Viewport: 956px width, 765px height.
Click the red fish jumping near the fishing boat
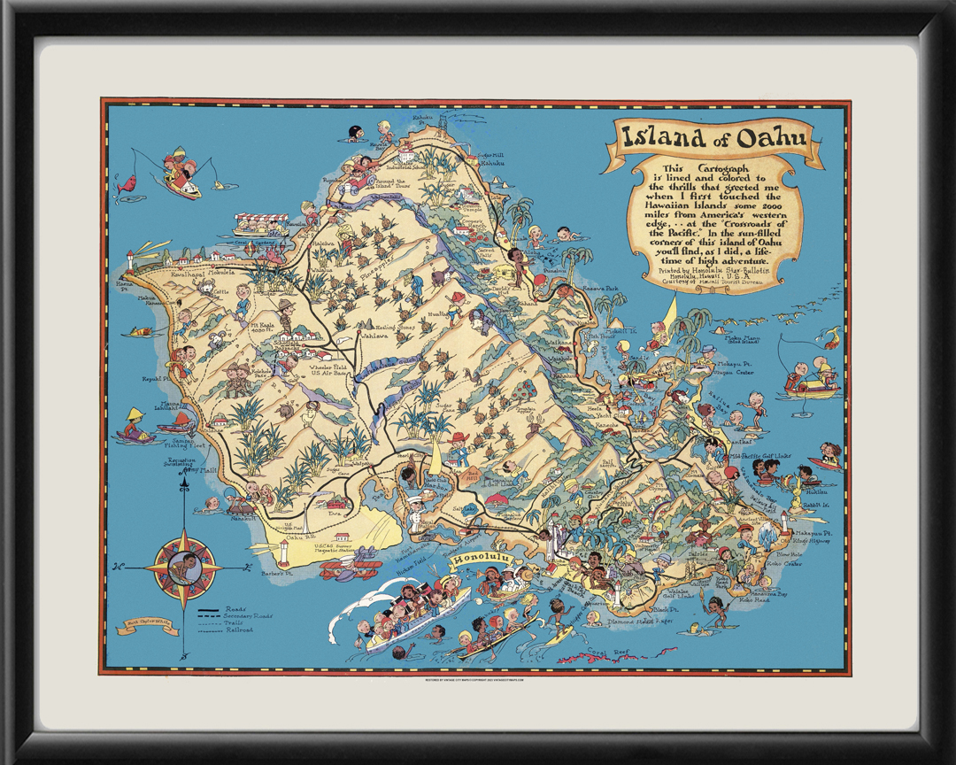pyautogui.click(x=128, y=184)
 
